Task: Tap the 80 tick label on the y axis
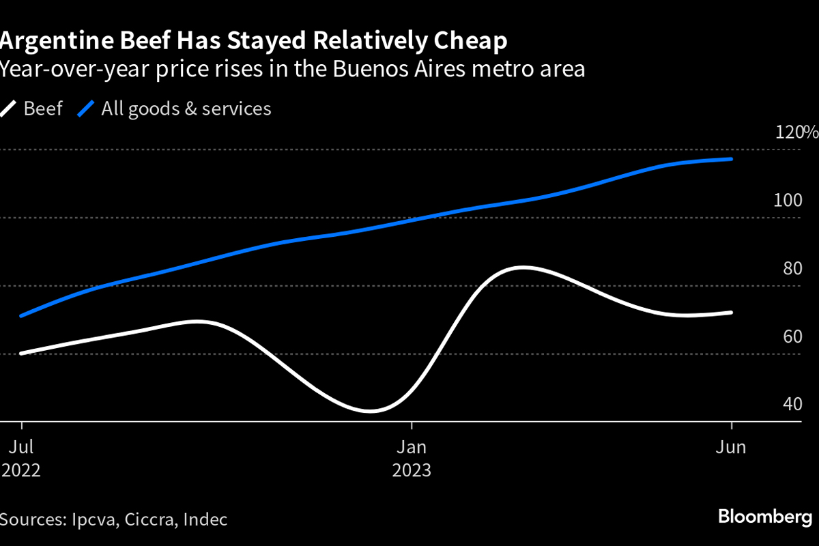click(x=792, y=268)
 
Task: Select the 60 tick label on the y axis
click(x=792, y=336)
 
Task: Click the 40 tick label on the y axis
click(x=792, y=404)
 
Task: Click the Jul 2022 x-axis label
click(x=21, y=459)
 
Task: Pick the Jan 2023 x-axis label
click(x=411, y=459)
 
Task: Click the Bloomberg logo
click(x=765, y=517)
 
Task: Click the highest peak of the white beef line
click(x=522, y=268)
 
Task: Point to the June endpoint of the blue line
click(x=732, y=159)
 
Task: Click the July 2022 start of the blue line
click(x=22, y=316)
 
